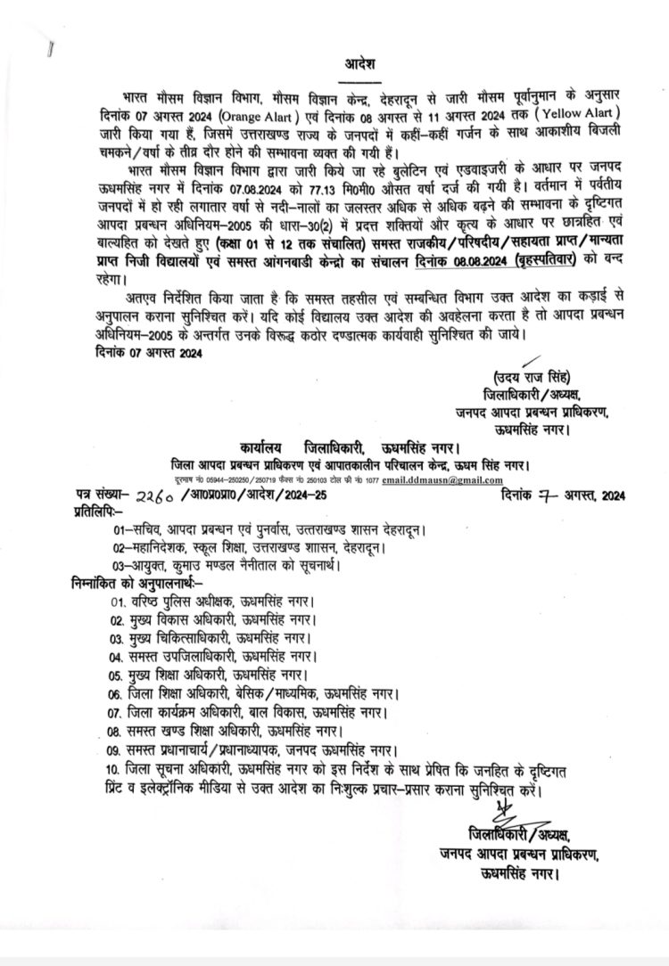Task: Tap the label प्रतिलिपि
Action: point(97,512)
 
